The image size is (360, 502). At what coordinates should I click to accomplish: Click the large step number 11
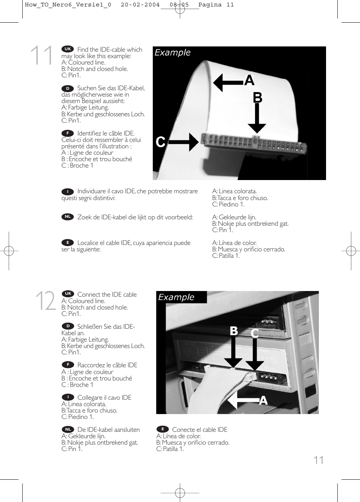click(42, 55)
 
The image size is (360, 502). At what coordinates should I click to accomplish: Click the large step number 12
click(45, 301)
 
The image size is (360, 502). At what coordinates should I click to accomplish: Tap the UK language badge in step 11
click(68, 49)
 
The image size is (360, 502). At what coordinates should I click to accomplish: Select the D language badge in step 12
click(68, 326)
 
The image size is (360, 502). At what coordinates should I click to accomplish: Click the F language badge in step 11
click(68, 133)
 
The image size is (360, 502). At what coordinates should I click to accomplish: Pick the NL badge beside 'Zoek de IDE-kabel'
click(68, 217)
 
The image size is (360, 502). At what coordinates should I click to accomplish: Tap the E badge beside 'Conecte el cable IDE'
click(163, 429)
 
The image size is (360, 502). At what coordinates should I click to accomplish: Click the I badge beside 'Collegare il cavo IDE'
click(68, 397)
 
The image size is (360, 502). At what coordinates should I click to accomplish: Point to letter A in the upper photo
click(249, 80)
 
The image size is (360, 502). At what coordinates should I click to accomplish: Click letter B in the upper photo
click(257, 98)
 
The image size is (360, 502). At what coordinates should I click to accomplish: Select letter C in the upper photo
click(160, 142)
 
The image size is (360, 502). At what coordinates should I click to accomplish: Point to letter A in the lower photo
click(263, 400)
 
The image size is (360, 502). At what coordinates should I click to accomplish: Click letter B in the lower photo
click(234, 331)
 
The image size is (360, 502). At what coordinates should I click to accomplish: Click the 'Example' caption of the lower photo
click(176, 297)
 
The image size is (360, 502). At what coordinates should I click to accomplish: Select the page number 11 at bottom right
click(318, 460)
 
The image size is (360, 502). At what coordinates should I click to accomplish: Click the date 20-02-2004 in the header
click(140, 5)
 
